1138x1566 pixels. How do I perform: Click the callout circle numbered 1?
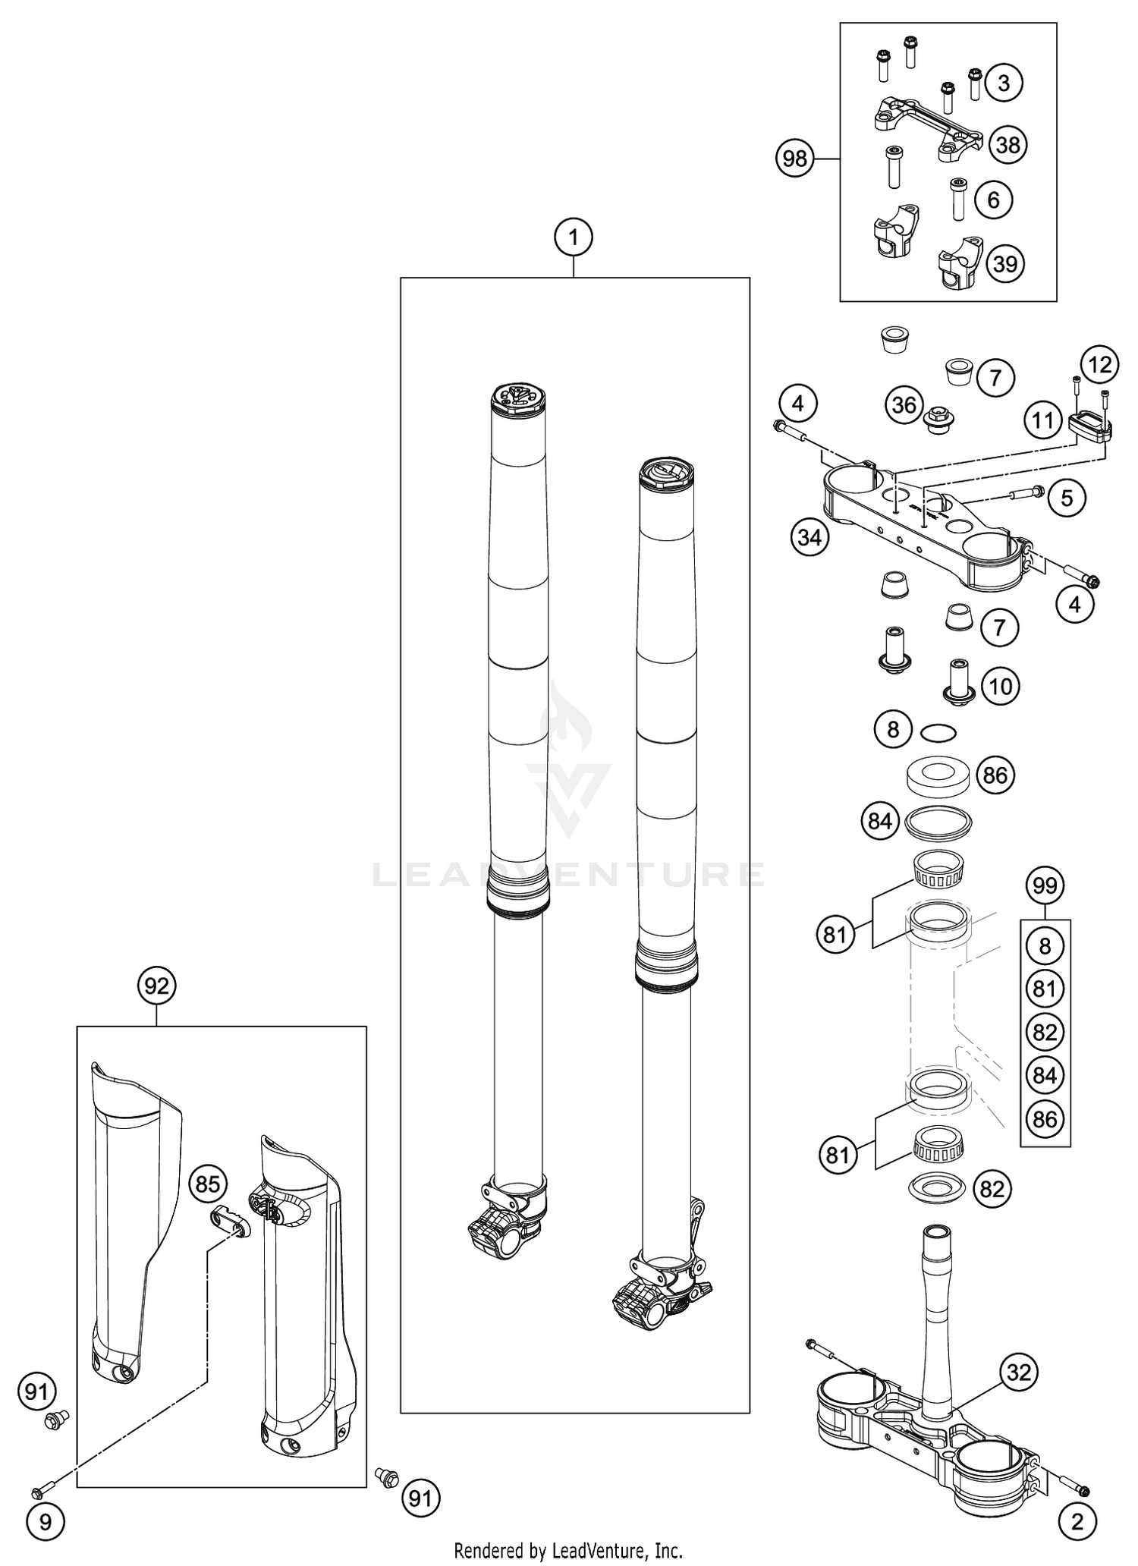click(574, 237)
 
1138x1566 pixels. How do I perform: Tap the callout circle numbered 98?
click(794, 159)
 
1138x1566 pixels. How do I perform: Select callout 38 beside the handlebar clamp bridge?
click(1008, 144)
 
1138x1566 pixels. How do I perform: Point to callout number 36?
click(904, 404)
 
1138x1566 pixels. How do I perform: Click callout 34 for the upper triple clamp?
click(809, 538)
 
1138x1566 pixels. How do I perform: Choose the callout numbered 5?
click(1067, 498)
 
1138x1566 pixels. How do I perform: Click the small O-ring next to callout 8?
click(938, 733)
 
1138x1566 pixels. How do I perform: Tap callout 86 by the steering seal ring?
click(995, 775)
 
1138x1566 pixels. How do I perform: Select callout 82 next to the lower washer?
click(992, 1189)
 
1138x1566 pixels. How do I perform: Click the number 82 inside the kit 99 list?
click(1045, 1032)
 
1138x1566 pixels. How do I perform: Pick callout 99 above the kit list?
click(1045, 885)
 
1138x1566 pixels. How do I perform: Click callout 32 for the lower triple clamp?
click(1018, 1372)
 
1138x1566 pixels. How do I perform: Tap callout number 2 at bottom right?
click(1078, 1499)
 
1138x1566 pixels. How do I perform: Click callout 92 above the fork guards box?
click(156, 986)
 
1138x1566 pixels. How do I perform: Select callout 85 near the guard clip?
click(208, 1184)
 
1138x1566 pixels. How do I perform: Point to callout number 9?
click(46, 1500)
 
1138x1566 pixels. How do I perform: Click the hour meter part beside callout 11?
click(1089, 426)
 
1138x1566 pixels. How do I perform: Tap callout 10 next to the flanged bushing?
click(1001, 686)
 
